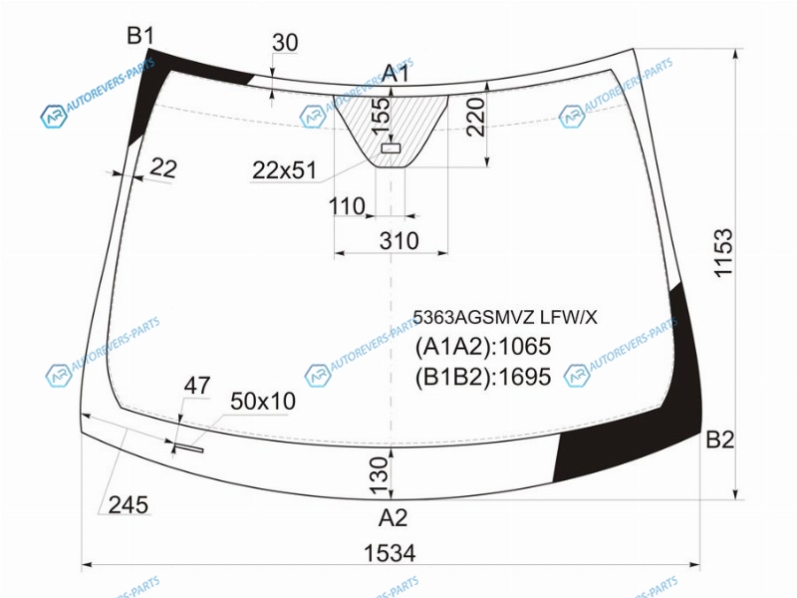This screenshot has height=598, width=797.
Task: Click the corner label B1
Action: [139, 36]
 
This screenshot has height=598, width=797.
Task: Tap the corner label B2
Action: [719, 440]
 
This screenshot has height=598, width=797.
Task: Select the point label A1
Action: [396, 73]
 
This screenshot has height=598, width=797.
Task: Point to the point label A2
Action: [393, 518]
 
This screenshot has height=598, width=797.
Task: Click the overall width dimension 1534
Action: [390, 553]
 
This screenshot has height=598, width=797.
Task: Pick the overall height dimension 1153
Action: [723, 253]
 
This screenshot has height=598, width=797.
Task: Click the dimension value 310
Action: [399, 240]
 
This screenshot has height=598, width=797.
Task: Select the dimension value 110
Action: [347, 206]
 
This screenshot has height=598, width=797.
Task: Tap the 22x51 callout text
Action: [284, 170]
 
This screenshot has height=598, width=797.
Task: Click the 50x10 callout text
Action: [263, 402]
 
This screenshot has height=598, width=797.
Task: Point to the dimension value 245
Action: [129, 505]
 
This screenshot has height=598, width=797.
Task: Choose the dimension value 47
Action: [196, 386]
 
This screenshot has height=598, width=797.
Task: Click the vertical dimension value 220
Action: [476, 117]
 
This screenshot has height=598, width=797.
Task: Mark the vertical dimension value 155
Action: [381, 117]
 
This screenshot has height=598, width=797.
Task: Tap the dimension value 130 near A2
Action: [379, 476]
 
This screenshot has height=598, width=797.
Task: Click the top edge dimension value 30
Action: [285, 43]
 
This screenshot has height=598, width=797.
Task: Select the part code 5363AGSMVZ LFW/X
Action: [505, 317]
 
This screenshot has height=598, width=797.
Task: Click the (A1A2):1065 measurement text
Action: [483, 347]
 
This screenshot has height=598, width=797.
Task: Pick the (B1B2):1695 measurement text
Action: [483, 378]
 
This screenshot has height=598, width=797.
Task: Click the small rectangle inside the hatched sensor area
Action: [391, 148]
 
